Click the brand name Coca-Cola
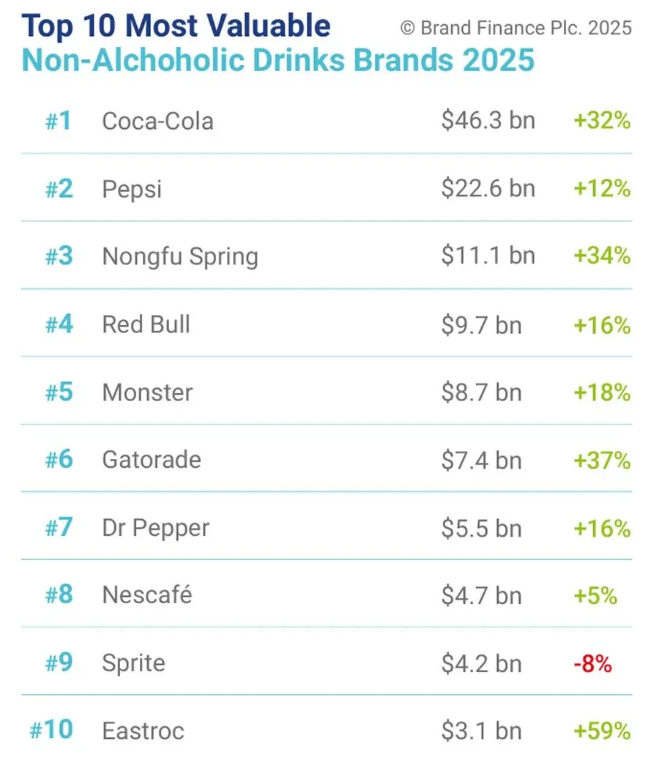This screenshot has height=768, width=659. coord(157,121)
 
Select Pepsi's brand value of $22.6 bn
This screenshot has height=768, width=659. coord(488,188)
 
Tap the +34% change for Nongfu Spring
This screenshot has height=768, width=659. coord(602,256)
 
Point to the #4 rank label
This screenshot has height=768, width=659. coord(59,324)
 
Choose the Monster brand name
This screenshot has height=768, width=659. coord(147,392)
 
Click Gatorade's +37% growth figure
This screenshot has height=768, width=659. coord(602,460)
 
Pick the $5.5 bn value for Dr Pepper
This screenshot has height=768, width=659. coord(481,528)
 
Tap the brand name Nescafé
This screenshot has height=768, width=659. coord(147,594)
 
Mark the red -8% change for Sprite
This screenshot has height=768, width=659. coord(593,663)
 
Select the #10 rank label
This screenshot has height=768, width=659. coord(51,731)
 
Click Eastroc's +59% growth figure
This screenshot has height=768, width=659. coord(602,731)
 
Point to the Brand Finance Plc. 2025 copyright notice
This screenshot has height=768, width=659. coord(515,29)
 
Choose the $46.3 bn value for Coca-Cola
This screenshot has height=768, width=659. coord(488,121)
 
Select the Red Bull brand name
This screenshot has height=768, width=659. coord(146,324)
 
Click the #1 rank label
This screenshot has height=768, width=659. coord(59,121)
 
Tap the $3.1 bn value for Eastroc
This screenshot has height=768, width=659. coord(481,731)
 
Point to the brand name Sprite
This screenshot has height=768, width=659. coord(133,663)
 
